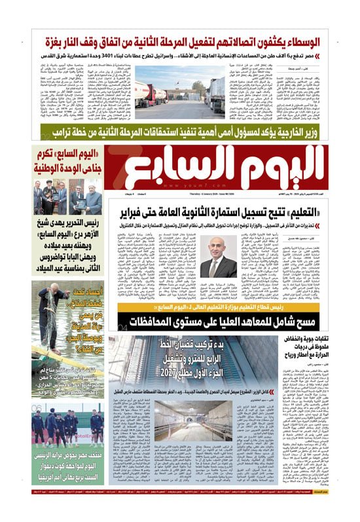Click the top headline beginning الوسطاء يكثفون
[180, 44]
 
